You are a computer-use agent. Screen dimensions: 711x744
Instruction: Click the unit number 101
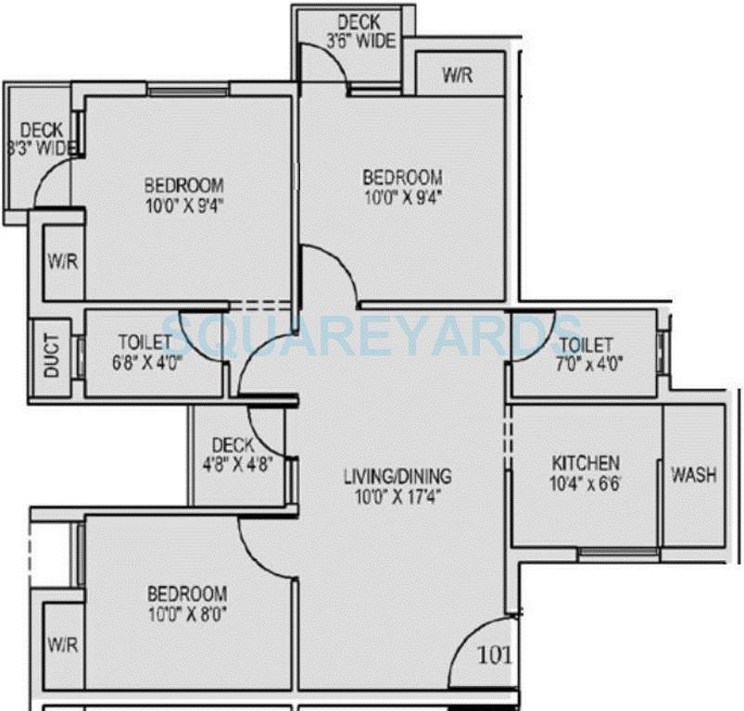(493, 655)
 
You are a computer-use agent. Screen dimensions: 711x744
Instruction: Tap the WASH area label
(693, 475)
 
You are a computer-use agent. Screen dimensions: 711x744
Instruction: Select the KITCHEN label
(586, 463)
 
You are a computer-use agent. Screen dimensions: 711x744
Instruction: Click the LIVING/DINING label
(397, 477)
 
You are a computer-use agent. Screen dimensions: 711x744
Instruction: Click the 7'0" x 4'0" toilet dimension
(585, 363)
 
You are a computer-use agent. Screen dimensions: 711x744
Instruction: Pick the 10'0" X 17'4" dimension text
(397, 497)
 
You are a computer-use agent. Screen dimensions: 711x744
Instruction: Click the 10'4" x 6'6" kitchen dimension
(586, 482)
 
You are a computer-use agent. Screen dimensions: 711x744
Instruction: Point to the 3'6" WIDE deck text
(360, 41)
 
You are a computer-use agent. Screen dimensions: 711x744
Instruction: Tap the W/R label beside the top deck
(457, 75)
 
